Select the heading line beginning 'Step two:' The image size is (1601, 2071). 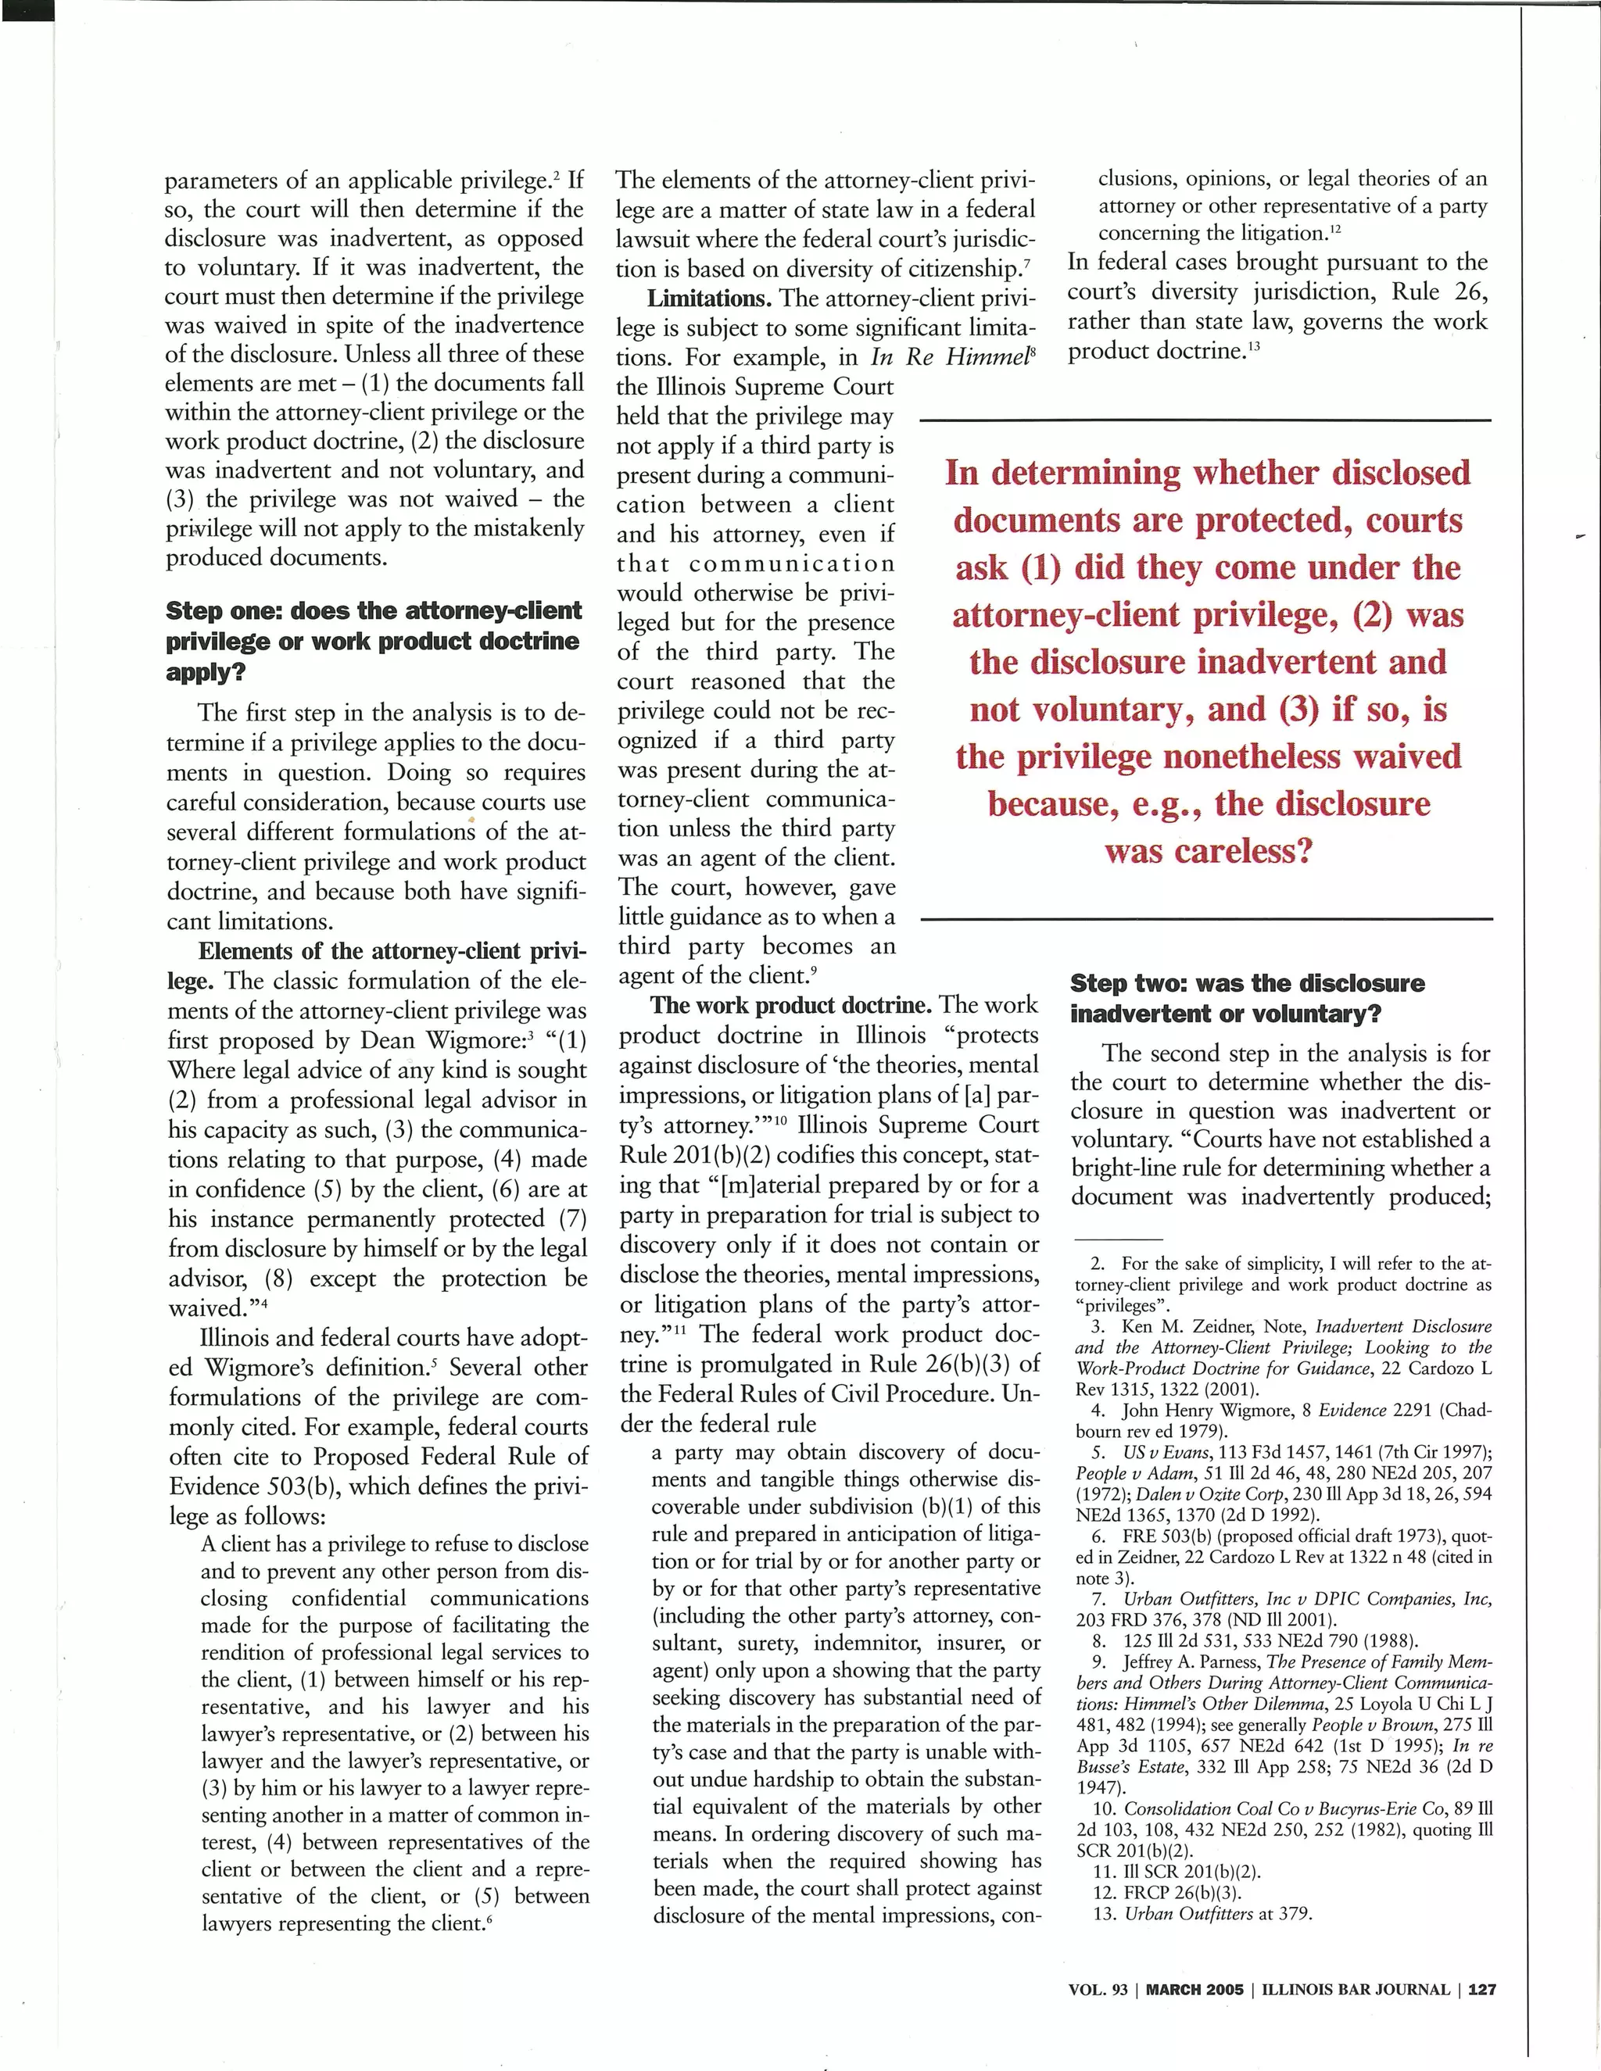1247,983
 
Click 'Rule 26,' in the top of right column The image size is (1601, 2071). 1441,292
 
